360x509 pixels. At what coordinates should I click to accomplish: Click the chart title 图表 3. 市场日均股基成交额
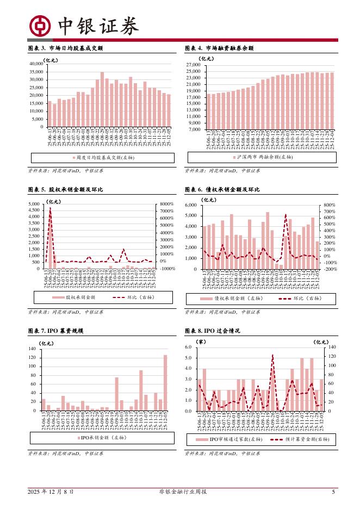[x=65, y=48]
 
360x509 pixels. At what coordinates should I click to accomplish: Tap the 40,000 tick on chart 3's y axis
[x=35, y=64]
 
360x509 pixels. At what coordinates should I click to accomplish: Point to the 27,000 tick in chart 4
[x=194, y=64]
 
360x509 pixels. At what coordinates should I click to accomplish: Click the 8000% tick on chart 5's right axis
[x=166, y=204]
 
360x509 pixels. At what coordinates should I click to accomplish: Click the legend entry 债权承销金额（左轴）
[x=231, y=299]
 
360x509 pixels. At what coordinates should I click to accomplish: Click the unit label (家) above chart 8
[x=201, y=342]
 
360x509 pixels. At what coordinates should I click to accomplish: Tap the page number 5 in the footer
[x=333, y=492]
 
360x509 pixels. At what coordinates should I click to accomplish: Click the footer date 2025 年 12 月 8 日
[x=51, y=492]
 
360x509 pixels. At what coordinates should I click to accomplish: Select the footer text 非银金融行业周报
[x=179, y=492]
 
